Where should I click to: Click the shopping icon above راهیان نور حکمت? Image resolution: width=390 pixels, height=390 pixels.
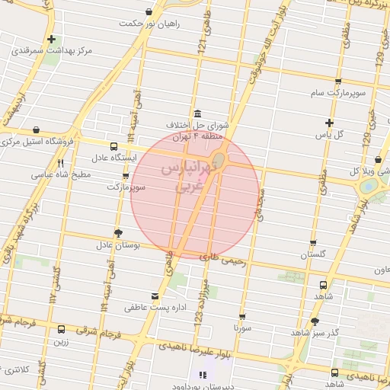tap(149, 12)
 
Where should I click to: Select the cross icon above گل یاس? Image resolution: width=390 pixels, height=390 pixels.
tap(329, 123)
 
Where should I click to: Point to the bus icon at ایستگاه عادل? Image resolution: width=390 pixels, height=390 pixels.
tap(113, 146)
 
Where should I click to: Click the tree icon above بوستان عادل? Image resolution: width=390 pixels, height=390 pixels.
tap(117, 233)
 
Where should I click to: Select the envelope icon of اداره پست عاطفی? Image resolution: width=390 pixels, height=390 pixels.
tap(155, 296)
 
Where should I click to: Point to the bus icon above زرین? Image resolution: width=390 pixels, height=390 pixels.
tap(61, 330)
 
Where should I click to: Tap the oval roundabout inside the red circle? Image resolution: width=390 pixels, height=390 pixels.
tap(219, 159)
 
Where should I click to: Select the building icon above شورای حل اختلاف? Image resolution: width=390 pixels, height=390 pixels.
tap(197, 113)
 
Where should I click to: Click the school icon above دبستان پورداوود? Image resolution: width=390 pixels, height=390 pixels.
tap(202, 375)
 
